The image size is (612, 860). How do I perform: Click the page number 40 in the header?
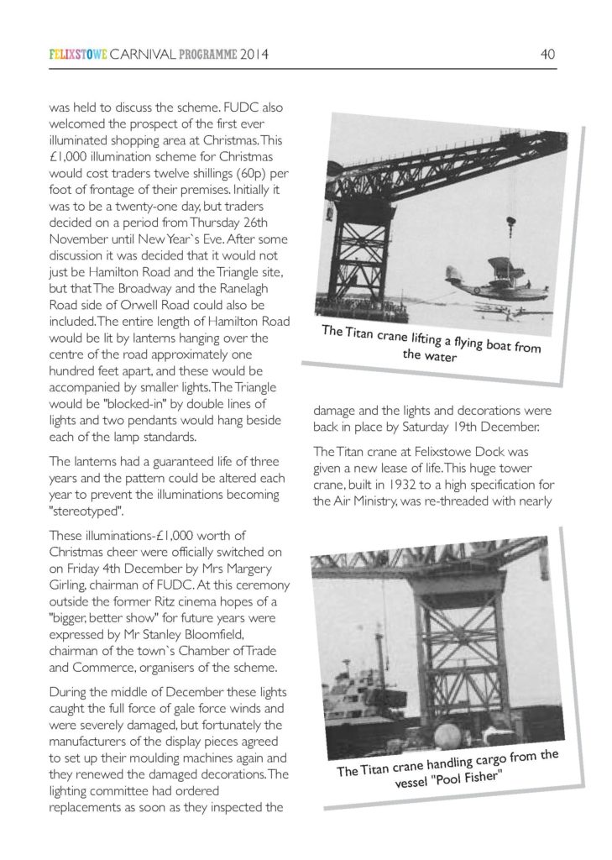click(547, 56)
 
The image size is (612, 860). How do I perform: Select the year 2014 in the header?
click(252, 56)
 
